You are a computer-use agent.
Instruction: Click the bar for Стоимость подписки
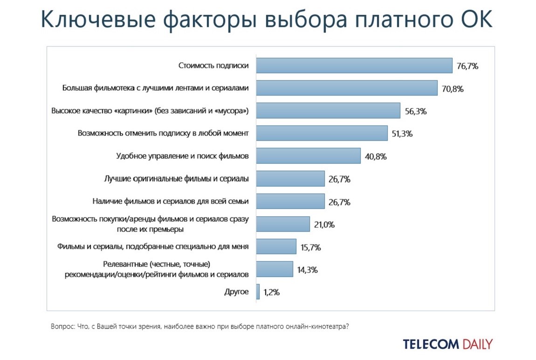354,66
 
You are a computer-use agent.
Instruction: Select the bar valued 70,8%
347,88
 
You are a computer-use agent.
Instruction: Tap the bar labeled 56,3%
328,111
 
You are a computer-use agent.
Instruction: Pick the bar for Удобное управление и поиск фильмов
308,156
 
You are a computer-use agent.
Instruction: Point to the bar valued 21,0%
283,224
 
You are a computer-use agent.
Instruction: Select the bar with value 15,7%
276,247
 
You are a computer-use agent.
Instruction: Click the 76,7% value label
467,66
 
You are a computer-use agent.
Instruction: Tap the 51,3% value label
402,134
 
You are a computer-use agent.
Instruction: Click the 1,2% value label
272,292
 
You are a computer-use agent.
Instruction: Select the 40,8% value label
376,157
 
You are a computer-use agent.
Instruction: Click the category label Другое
236,292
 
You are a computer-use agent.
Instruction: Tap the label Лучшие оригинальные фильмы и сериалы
176,179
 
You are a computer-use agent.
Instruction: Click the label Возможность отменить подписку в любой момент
163,133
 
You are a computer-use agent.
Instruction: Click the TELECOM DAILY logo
447,344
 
